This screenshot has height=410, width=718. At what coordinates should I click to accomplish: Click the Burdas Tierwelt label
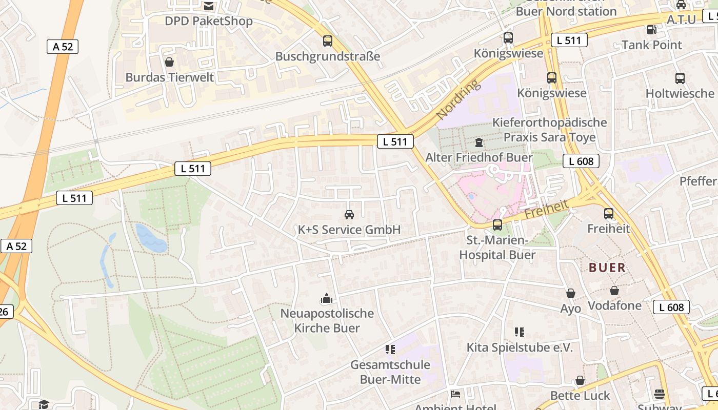(x=169, y=77)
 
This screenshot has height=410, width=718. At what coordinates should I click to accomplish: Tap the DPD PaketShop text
(x=208, y=21)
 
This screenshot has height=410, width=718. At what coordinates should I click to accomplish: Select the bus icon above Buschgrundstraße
(x=328, y=41)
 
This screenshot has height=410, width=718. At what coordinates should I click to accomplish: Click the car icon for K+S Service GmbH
(x=349, y=214)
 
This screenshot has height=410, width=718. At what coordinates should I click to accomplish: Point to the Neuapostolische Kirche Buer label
(x=327, y=320)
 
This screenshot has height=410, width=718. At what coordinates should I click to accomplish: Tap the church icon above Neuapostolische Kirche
(x=327, y=298)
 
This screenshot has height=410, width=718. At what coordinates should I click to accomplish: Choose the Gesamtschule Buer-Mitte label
(x=390, y=372)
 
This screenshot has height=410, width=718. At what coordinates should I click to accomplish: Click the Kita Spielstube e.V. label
(x=519, y=347)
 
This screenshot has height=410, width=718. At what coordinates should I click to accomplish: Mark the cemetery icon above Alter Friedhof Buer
(x=479, y=142)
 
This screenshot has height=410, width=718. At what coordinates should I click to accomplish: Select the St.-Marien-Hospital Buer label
(x=497, y=248)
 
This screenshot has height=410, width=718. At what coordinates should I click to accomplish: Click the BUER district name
(x=607, y=268)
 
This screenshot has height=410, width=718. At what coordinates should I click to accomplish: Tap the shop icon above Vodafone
(x=614, y=291)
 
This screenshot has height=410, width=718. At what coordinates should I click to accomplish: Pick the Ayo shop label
(x=570, y=309)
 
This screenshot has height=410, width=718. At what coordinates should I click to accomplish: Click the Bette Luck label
(x=580, y=396)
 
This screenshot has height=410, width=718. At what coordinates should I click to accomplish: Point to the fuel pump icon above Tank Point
(x=651, y=30)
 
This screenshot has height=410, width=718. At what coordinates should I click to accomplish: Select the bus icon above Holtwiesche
(x=680, y=78)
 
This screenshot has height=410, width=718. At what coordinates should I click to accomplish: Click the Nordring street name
(x=457, y=99)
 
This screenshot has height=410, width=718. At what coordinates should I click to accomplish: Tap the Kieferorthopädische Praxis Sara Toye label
(x=549, y=130)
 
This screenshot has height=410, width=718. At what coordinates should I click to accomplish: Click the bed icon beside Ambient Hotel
(x=455, y=394)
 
